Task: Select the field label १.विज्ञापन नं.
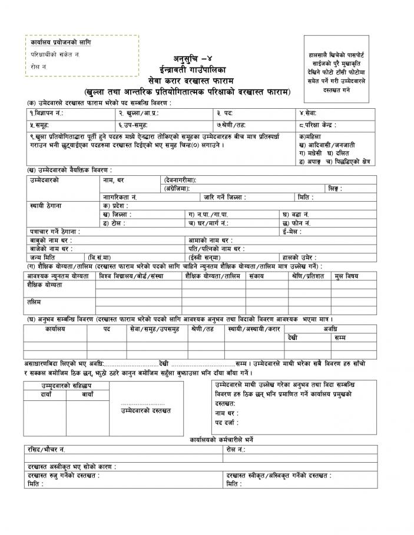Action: click(x=46, y=112)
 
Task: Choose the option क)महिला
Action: click(x=312, y=136)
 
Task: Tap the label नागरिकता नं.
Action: click(x=120, y=197)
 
